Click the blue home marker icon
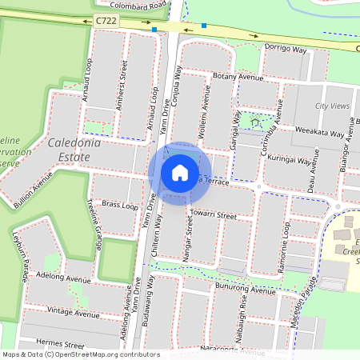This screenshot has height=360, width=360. tap(180, 173)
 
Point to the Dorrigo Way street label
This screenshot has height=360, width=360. tap(286, 50)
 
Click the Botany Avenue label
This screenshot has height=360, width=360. tap(237, 78)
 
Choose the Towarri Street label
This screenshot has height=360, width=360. tap(214, 215)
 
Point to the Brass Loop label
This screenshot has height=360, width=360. tap(119, 205)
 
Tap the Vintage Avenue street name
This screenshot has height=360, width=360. tap(71, 310)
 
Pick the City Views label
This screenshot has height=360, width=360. tap(333, 106)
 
